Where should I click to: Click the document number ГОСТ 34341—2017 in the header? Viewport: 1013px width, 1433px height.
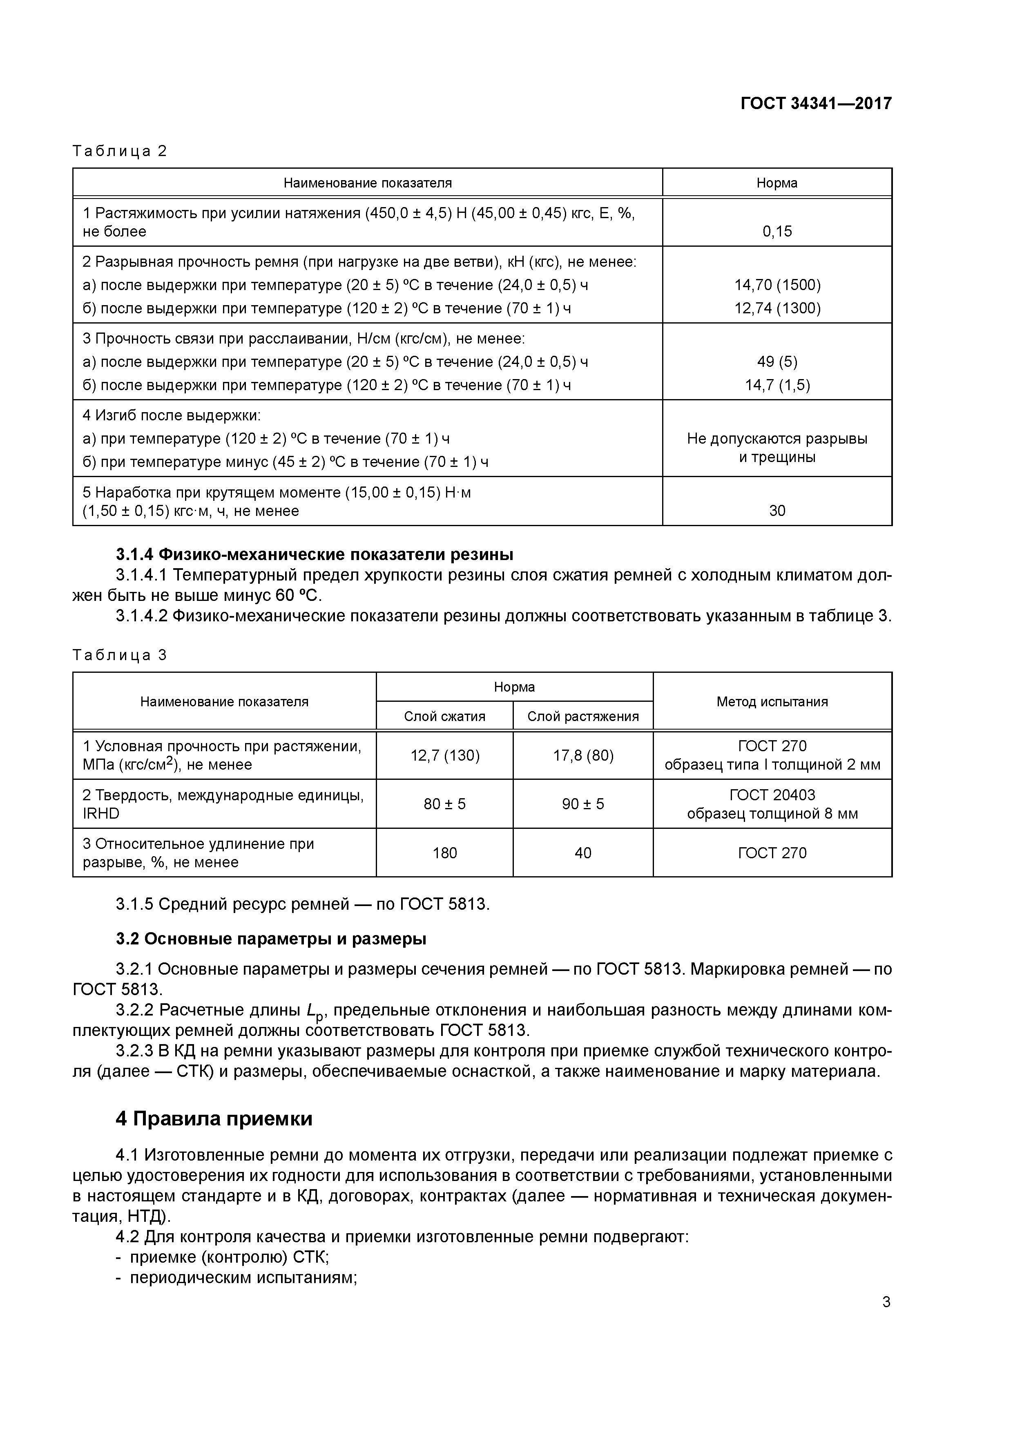[x=816, y=104]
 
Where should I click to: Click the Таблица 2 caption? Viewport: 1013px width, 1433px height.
[x=120, y=151]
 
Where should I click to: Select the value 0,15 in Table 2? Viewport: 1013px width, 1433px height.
[x=776, y=232]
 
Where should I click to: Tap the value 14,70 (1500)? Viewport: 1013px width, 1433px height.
[x=776, y=285]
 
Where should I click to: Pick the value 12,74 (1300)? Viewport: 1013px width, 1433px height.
[x=776, y=308]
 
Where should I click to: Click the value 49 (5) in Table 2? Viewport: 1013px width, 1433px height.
[x=776, y=362]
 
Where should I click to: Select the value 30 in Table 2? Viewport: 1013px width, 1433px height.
[x=776, y=511]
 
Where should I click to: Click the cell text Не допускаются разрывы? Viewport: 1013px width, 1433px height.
[x=776, y=439]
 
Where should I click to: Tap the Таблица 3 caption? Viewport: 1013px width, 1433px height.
[x=120, y=655]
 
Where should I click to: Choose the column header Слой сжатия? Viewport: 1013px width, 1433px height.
[x=444, y=716]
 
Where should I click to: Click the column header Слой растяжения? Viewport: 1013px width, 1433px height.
[x=583, y=716]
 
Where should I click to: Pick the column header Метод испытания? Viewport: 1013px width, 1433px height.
[x=772, y=701]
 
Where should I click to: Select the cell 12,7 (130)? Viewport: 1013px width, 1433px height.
[x=444, y=756]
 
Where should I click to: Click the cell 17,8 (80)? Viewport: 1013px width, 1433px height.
[x=583, y=756]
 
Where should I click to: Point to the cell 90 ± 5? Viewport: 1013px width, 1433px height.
[x=583, y=804]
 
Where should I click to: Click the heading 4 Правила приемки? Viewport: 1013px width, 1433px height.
[x=214, y=1119]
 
